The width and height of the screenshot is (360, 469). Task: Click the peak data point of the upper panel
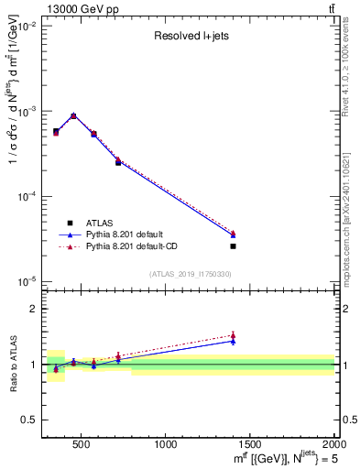click(73, 116)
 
